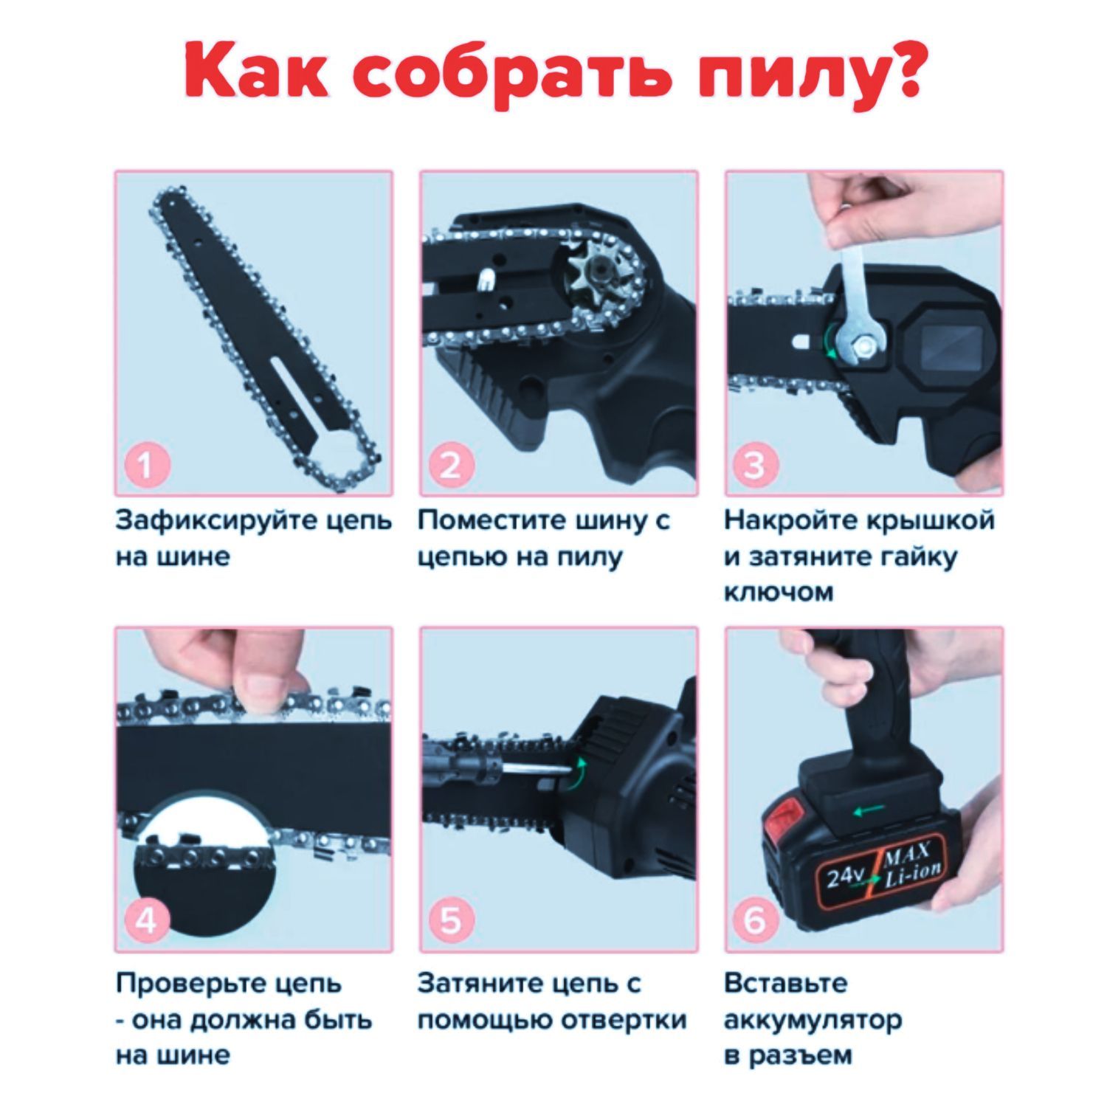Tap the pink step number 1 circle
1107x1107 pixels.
(x=145, y=465)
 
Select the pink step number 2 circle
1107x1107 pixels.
(x=450, y=465)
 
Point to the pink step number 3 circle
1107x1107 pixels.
(x=755, y=465)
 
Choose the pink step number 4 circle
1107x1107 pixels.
(x=145, y=921)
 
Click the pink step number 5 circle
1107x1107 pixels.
(x=450, y=921)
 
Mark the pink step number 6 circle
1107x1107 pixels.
(x=755, y=921)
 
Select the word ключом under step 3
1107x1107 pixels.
(x=779, y=592)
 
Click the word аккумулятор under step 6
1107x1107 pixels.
(x=813, y=1021)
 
